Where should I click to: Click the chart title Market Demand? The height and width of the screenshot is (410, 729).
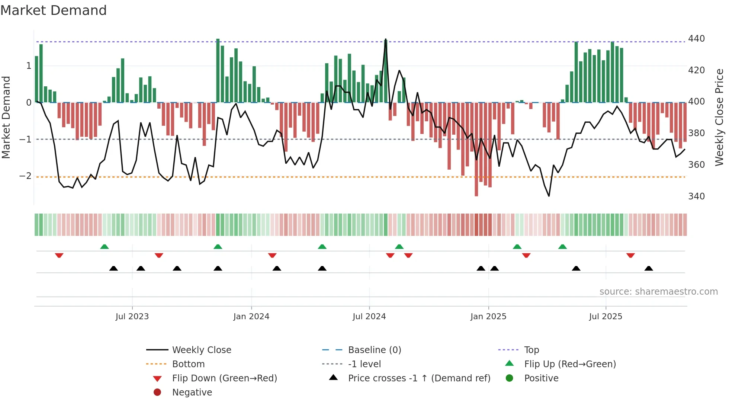[x=54, y=10]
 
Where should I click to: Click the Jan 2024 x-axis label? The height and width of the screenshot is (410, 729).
[x=251, y=317]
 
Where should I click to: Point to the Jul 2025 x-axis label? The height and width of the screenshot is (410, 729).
[x=605, y=317]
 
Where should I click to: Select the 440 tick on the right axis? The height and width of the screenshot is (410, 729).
[x=696, y=39]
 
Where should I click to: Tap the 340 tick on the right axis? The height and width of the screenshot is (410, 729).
[x=696, y=196]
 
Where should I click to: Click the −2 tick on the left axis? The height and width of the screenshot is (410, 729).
[x=25, y=176]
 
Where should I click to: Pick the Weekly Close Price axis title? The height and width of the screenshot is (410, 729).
[x=719, y=117]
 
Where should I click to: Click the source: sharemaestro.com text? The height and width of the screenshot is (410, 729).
[x=658, y=292]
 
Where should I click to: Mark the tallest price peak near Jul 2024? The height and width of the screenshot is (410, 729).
[x=385, y=39]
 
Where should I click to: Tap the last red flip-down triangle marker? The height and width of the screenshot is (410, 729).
[x=630, y=255]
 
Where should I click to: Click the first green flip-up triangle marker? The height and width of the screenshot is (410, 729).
[x=105, y=247]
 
